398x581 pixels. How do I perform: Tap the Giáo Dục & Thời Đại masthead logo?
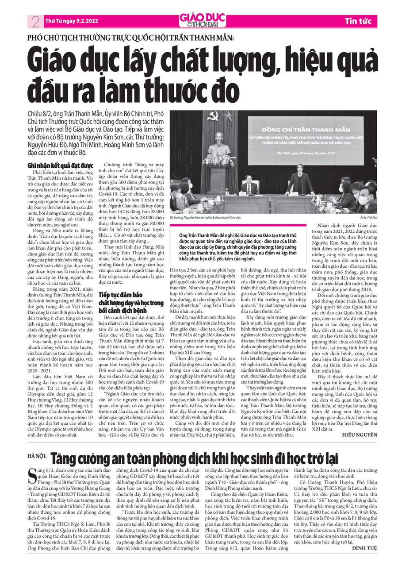pyautogui.click(x=199, y=20)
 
